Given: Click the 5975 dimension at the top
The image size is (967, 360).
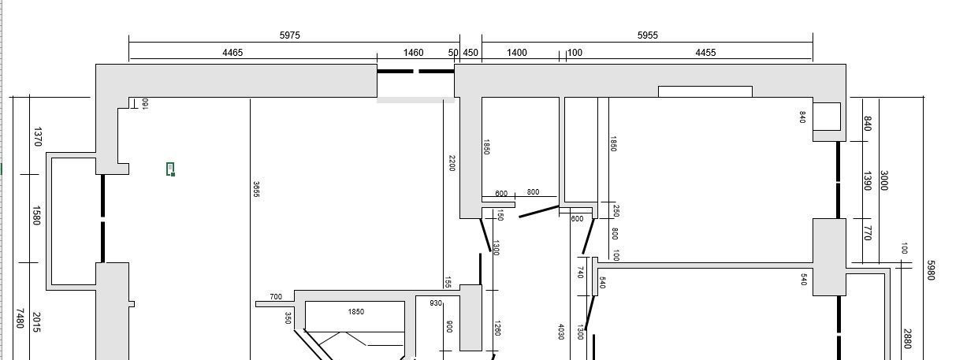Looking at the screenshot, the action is click(x=290, y=35).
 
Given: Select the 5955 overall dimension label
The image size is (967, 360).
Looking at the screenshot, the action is click(x=648, y=35).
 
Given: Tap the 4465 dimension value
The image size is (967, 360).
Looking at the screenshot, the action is click(x=232, y=53).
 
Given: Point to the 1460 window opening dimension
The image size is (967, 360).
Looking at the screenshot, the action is click(x=413, y=53).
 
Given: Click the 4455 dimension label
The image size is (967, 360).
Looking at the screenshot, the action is click(x=705, y=53).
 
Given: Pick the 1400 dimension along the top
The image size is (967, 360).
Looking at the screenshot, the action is click(x=517, y=53).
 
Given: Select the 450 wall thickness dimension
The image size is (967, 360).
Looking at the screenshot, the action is click(x=470, y=53).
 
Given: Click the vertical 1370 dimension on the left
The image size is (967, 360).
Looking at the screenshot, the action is click(x=37, y=136).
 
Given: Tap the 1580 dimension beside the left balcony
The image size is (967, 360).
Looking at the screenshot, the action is click(x=36, y=215).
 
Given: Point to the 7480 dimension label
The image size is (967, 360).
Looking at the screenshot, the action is click(x=20, y=318).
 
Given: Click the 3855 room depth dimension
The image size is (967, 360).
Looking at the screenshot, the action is click(x=256, y=190).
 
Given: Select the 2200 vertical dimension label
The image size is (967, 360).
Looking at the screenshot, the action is click(x=452, y=163).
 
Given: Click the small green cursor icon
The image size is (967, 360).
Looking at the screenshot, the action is click(x=170, y=169).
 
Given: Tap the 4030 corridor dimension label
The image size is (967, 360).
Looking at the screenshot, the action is click(x=561, y=332).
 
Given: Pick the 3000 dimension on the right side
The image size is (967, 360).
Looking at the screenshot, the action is click(x=883, y=180).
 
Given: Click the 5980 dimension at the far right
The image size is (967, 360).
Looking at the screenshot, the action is click(x=931, y=270).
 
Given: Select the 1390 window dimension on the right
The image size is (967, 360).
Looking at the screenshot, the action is click(x=867, y=181).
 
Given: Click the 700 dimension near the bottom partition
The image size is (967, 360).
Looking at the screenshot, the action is click(x=276, y=297).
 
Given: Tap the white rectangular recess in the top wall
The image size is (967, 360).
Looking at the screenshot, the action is click(x=705, y=91).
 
